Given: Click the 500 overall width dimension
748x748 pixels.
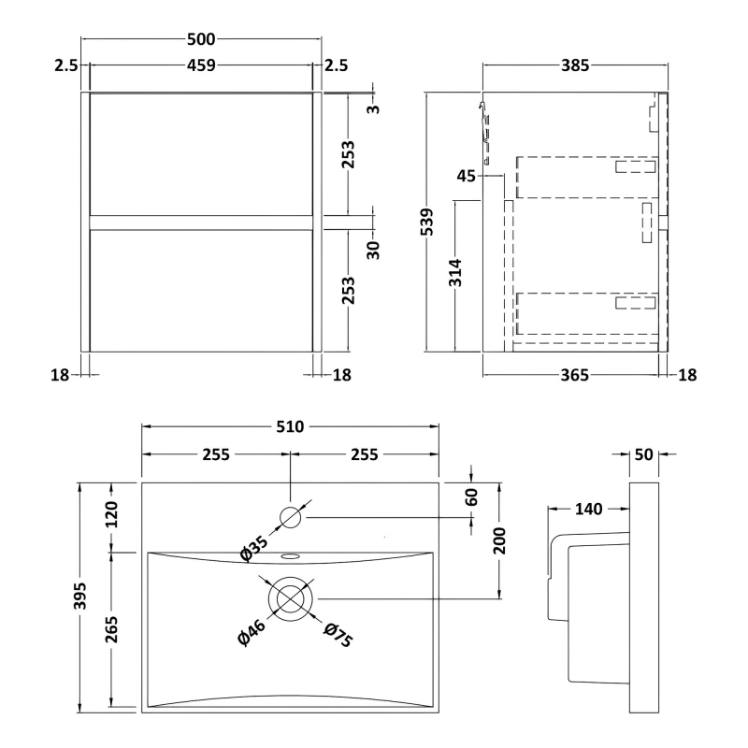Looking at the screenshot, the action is [x=201, y=39].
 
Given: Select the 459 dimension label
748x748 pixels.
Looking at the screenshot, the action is [x=201, y=65].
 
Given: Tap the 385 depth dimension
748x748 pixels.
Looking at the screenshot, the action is [x=575, y=65].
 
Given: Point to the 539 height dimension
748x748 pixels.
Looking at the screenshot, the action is [x=427, y=222].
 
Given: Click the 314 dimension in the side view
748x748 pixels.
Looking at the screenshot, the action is [x=455, y=273].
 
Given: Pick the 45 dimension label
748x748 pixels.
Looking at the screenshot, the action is [x=466, y=176].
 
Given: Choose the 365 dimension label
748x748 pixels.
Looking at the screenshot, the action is [x=574, y=376].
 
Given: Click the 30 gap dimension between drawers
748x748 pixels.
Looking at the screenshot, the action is [x=373, y=250].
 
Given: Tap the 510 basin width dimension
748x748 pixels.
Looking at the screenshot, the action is [x=290, y=426].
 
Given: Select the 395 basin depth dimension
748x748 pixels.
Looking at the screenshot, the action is [x=80, y=596].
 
